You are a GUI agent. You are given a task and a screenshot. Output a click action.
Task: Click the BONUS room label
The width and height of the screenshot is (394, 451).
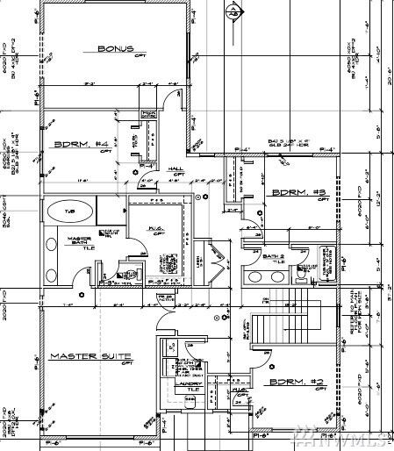(x=115, y=48)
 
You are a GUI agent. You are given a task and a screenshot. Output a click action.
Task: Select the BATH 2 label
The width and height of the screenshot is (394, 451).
(x=274, y=256)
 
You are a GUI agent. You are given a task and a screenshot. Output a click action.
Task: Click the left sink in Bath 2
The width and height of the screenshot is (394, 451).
(x=255, y=276)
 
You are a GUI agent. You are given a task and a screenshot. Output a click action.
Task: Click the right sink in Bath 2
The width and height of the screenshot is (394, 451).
(x=276, y=276)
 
